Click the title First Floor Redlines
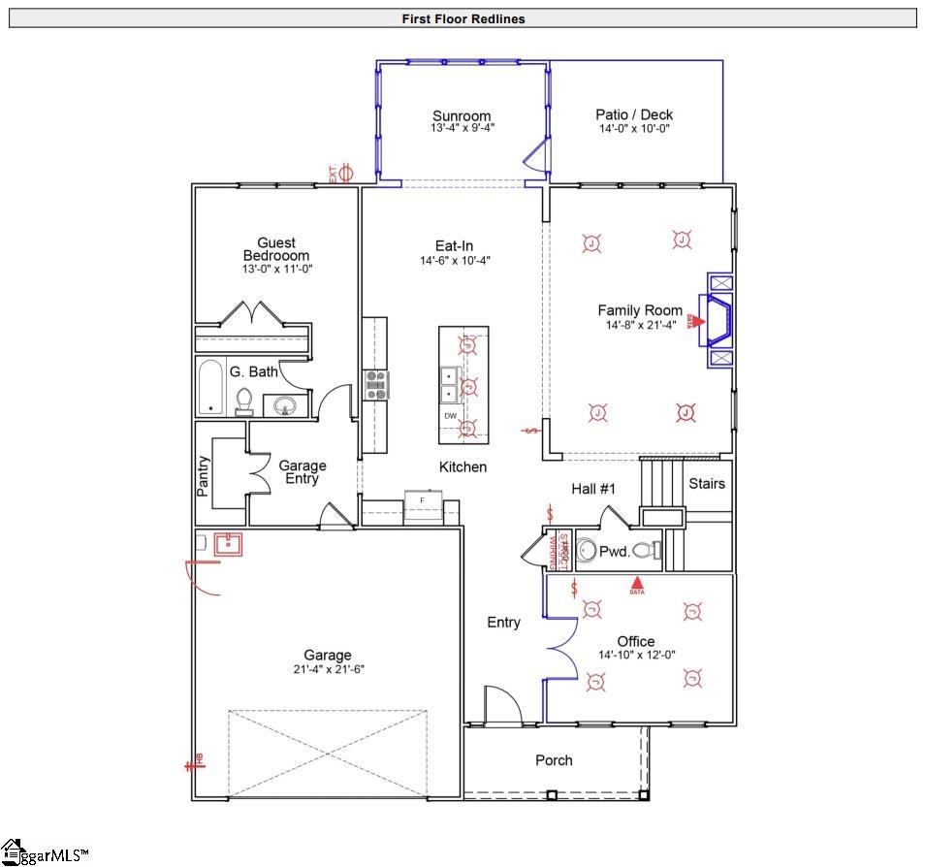point(462,18)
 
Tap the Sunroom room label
point(462,116)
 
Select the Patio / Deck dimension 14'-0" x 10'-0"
point(634,128)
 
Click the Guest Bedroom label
point(276,249)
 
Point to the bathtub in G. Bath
point(210,388)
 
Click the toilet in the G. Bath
point(244,401)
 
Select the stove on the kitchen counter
point(375,385)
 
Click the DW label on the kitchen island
point(450,416)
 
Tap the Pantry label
point(204,476)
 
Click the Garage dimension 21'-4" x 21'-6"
point(328,669)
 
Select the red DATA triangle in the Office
point(637,584)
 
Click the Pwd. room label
point(614,551)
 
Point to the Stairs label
point(706,483)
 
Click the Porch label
point(554,760)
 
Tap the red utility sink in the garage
point(227,544)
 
